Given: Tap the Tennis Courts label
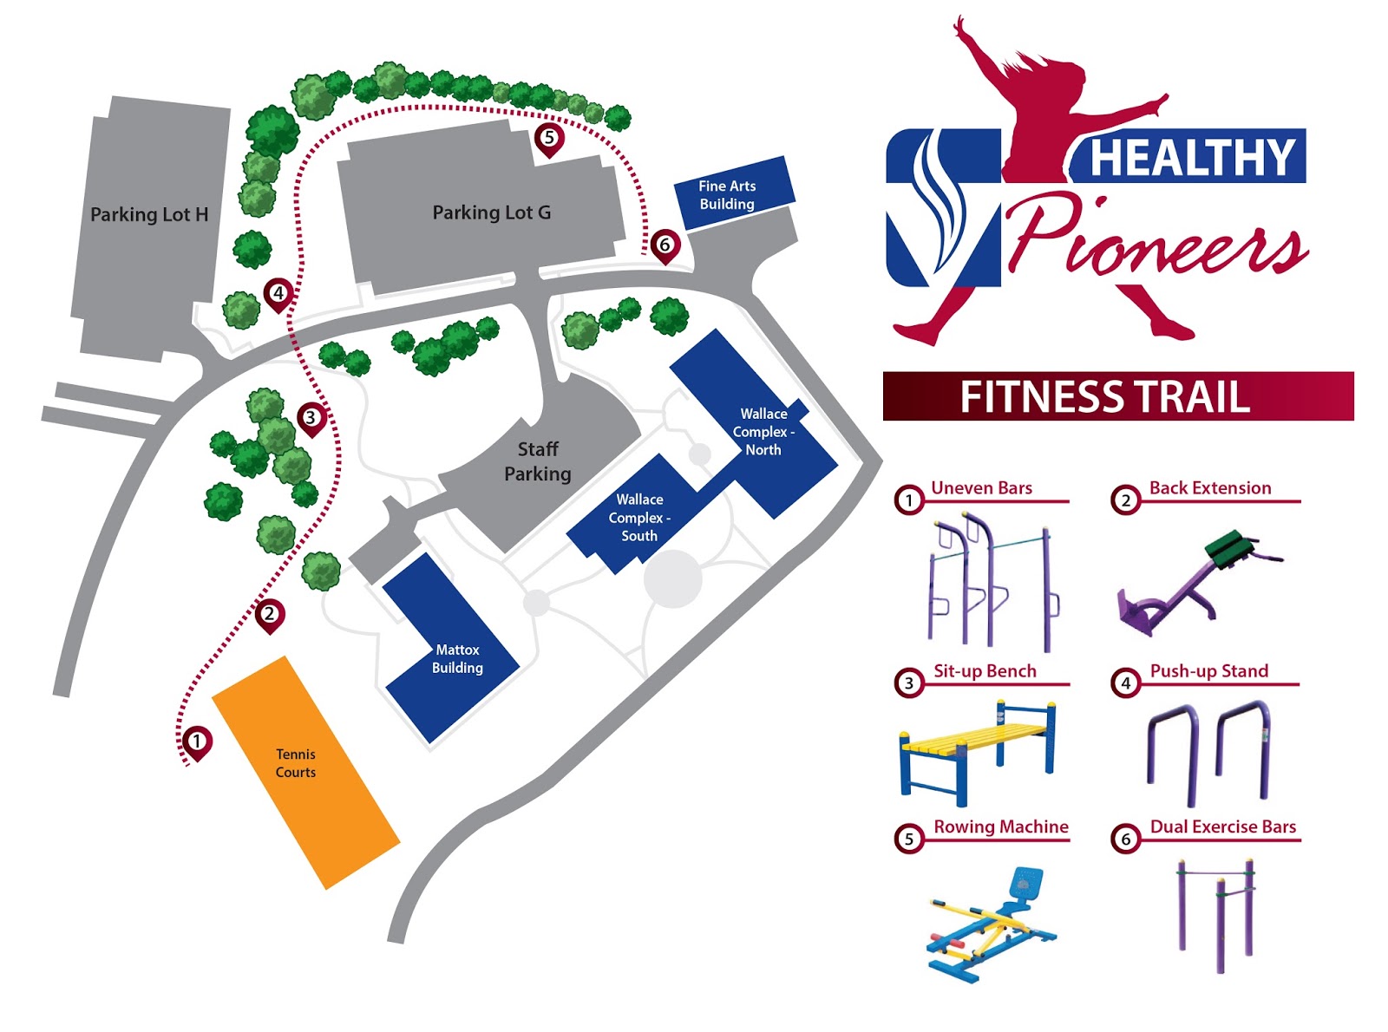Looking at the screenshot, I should click(296, 763).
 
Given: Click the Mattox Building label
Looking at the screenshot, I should click(457, 658).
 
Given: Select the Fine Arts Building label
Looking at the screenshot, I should click(727, 195).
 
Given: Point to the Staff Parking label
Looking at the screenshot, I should click(538, 461).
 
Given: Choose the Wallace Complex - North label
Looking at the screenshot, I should click(763, 432).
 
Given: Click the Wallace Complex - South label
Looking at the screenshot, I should click(639, 518).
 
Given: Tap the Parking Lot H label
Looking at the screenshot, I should click(149, 214).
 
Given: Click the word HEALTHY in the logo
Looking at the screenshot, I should click(1191, 158).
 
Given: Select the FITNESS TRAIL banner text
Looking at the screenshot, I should click(1104, 397).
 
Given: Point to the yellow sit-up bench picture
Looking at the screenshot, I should click(978, 750).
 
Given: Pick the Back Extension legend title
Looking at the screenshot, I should click(1210, 488).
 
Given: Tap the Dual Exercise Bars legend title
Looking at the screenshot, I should click(1222, 827).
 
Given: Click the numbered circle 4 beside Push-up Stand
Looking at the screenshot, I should click(1125, 683).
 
